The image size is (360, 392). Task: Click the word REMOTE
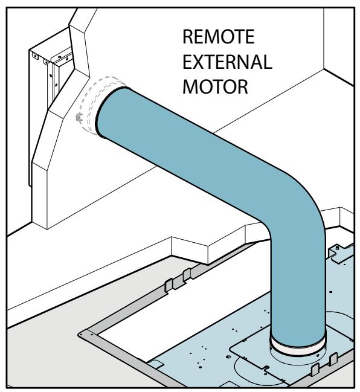point(219,36)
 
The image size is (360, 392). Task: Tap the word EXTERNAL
point(227,62)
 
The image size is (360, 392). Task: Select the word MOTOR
point(215,86)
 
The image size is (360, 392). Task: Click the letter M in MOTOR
point(191,86)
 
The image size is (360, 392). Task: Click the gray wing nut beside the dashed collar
point(79,118)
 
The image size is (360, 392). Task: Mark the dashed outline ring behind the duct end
point(100,105)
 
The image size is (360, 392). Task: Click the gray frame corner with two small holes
point(86,335)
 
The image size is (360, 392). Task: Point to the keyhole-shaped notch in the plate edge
point(266,368)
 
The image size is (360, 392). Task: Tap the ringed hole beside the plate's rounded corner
point(228,356)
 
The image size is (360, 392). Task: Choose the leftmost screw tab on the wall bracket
point(35,56)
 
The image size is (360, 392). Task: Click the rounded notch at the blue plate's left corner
point(155,364)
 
